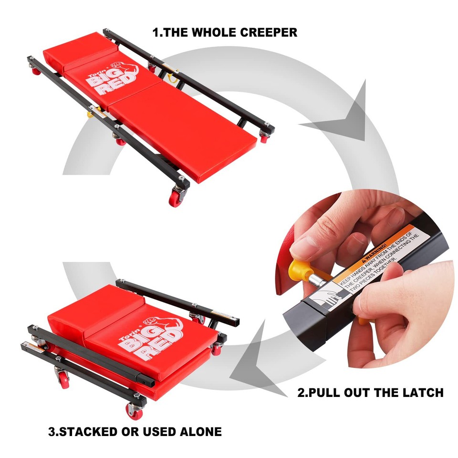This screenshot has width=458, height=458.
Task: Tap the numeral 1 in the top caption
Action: [x=156, y=32]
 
